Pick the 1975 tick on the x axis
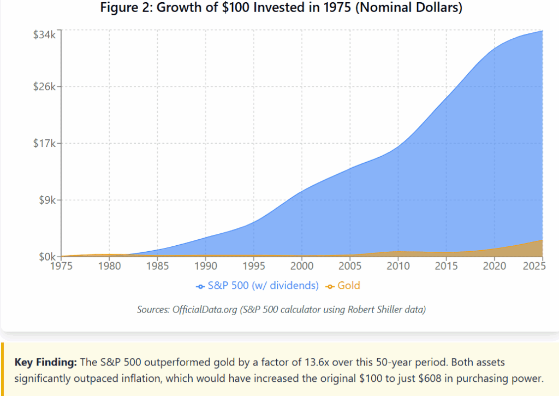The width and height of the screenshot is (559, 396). (62, 267)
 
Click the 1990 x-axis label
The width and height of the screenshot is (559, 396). (205, 267)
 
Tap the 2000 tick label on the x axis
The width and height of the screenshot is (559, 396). (301, 267)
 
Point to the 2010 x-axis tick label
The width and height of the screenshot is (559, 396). (398, 267)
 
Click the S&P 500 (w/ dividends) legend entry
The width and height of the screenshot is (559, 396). (257, 286)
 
